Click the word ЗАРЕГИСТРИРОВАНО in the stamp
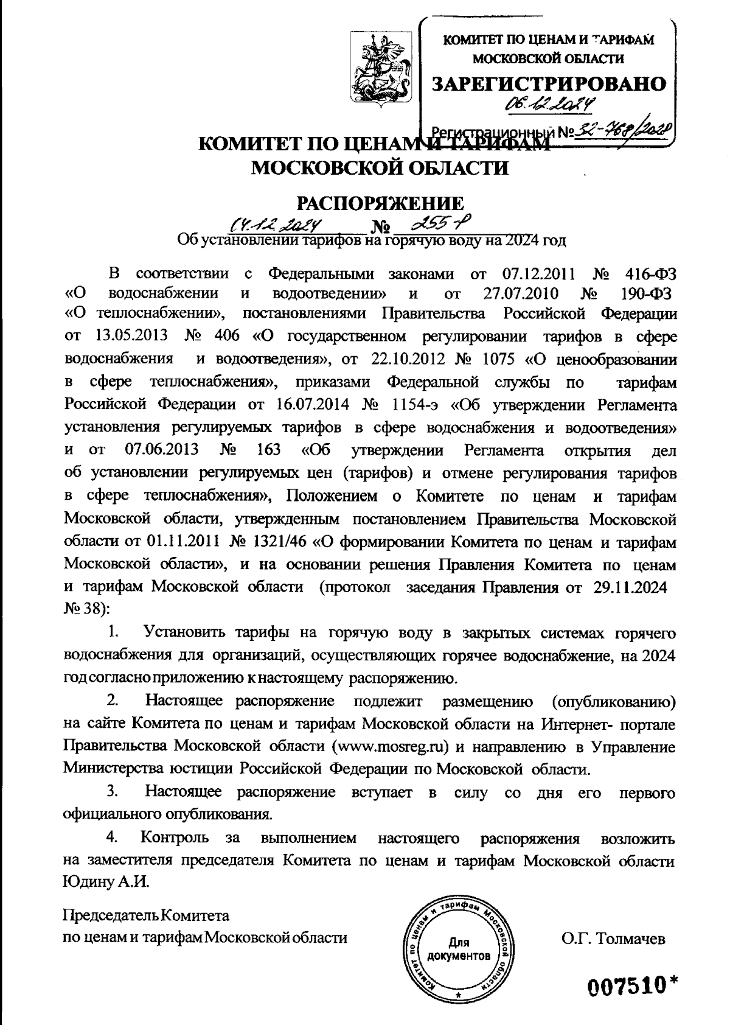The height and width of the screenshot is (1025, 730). pos(549,84)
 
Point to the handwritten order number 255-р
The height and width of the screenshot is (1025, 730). pos(434,225)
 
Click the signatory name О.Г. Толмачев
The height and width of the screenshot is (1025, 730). pos(614,938)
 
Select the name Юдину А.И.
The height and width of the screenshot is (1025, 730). pos(106,883)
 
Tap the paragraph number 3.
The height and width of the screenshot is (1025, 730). pos(113,792)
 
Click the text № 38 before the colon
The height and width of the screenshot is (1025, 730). pos(82,608)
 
